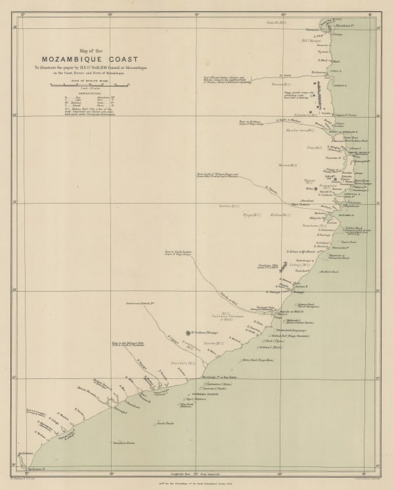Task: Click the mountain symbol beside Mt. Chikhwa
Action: click(x=188, y=333)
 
